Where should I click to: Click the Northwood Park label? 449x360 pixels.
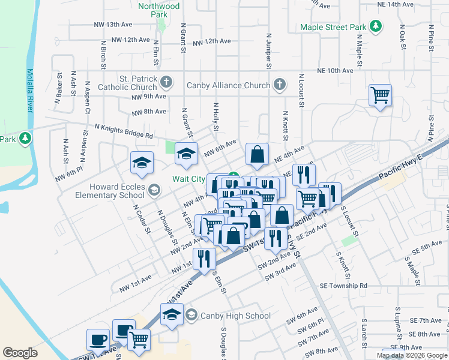click(158, 10)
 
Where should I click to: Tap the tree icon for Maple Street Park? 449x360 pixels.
click(376, 26)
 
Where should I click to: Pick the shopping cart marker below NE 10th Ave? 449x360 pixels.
click(381, 95)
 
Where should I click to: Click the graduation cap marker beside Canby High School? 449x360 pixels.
click(172, 315)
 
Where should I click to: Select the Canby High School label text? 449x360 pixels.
click(235, 316)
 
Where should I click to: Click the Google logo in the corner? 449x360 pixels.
click(20, 353)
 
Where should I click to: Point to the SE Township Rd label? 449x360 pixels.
click(343, 286)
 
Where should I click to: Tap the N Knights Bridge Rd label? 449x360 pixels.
click(124, 131)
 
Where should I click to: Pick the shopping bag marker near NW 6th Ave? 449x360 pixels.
click(257, 154)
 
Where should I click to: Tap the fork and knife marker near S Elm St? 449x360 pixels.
click(204, 259)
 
